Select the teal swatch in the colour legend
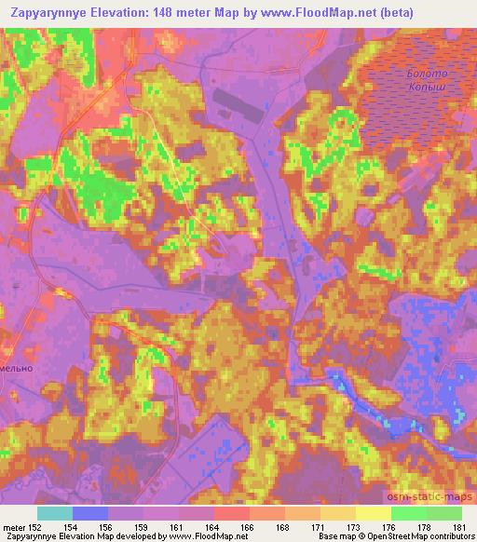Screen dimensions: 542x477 (55, 512)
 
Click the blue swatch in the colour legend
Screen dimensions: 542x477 (90, 512)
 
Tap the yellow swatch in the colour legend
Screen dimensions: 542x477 (372, 512)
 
